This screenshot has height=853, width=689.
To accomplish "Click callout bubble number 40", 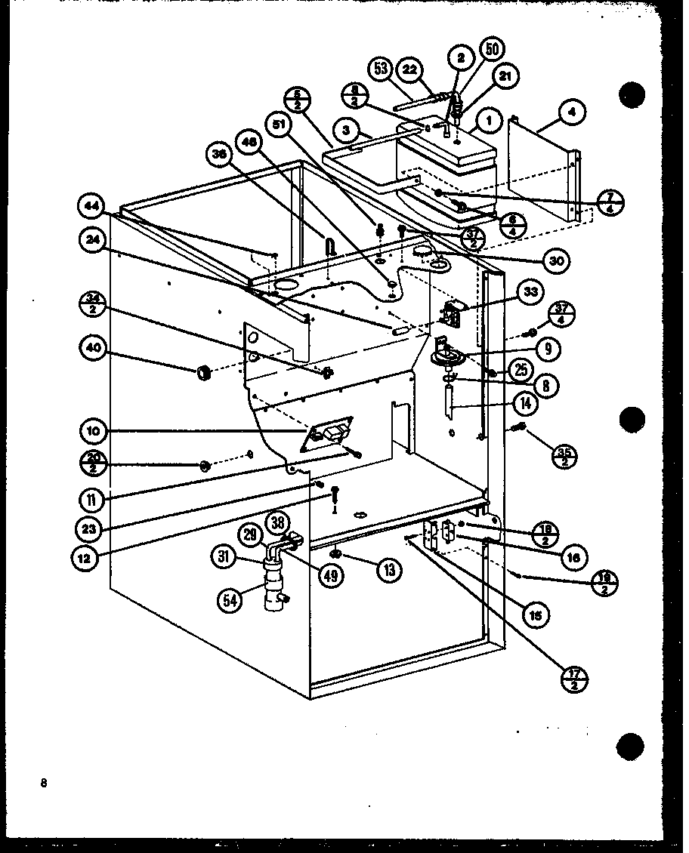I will point(92,349).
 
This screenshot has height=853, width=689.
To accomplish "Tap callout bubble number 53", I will point(381,69).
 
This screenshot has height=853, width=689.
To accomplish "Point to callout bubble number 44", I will point(92,205).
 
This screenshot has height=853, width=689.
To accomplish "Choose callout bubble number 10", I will point(92,431).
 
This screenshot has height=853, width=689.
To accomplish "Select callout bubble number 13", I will point(388,570).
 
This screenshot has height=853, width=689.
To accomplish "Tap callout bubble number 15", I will point(535,615).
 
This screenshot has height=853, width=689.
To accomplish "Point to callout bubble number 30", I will point(555,260).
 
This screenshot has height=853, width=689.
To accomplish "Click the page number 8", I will point(45,762).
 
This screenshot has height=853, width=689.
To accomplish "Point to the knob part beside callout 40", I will point(202,372).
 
